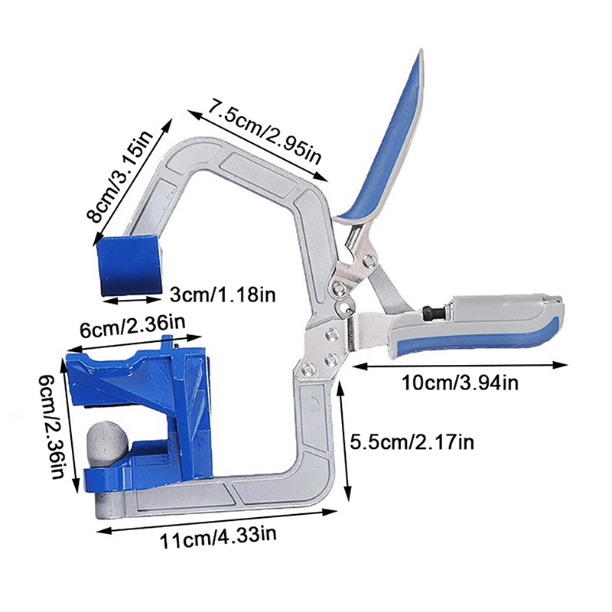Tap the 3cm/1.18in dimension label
223,295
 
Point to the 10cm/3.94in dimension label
460,382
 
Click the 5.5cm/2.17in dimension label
412,442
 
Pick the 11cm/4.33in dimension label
218,538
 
